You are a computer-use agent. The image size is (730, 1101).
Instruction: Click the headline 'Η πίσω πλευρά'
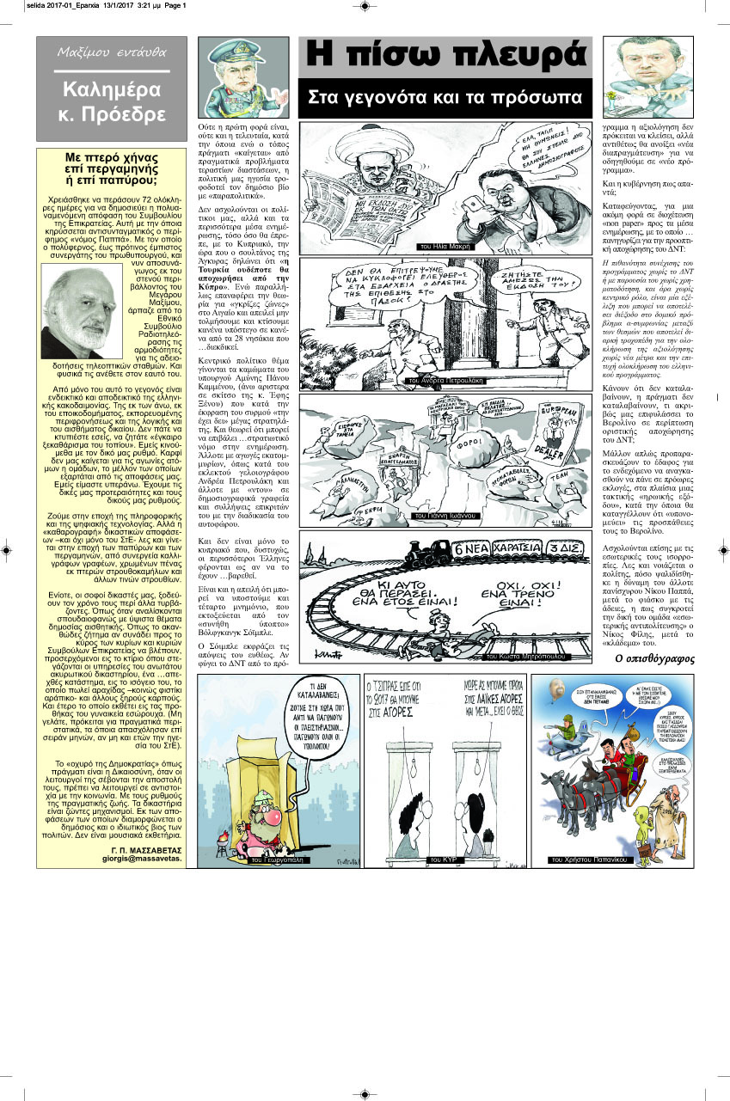(x=445, y=57)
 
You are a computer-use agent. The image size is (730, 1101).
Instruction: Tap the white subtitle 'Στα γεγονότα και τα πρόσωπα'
(x=445, y=98)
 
